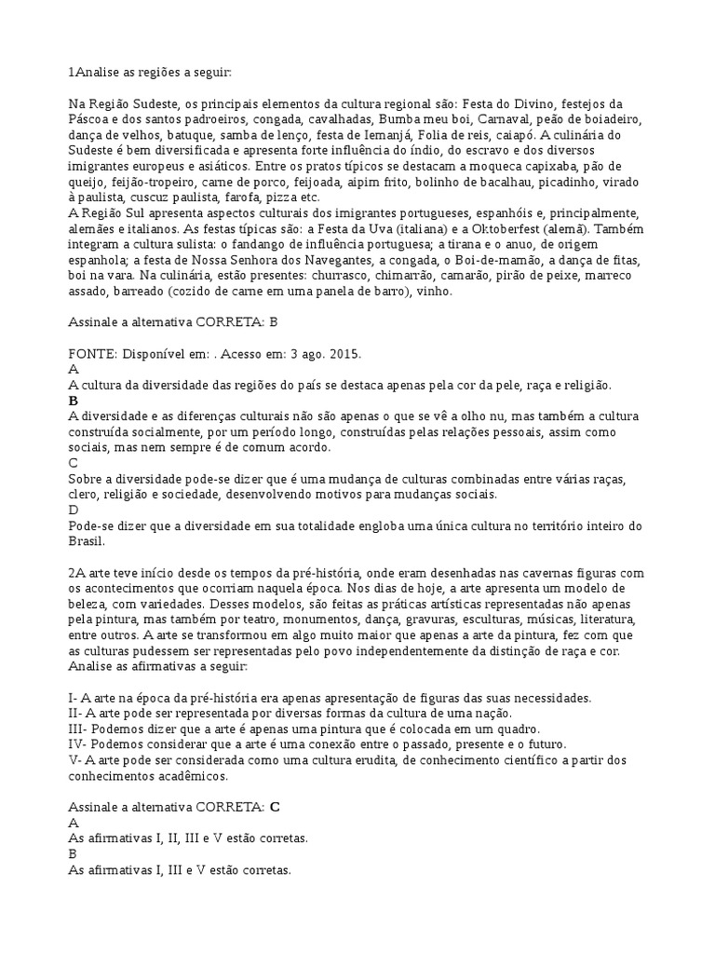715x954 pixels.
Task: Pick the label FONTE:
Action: [x=95, y=355]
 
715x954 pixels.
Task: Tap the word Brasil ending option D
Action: [x=88, y=541]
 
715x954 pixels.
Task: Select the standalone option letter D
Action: [x=74, y=510]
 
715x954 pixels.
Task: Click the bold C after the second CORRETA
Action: [x=275, y=807]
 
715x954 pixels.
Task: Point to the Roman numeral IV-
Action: [x=79, y=744]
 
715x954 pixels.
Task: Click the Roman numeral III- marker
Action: [x=80, y=729]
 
